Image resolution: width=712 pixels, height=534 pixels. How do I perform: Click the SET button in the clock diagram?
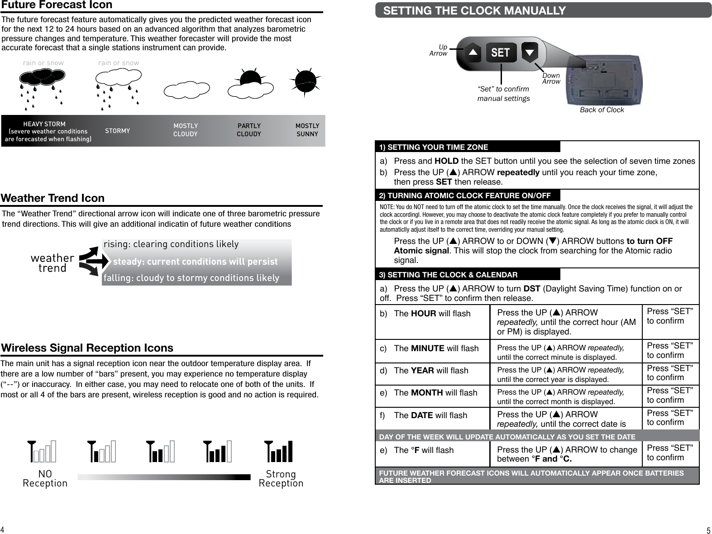501,52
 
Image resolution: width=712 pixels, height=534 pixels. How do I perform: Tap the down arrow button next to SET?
529,53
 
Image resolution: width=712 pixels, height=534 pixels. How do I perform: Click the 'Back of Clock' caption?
602,110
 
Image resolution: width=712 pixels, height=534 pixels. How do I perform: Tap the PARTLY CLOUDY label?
249,130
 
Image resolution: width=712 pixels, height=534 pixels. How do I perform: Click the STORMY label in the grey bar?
117,131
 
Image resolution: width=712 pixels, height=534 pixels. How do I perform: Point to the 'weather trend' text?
53,263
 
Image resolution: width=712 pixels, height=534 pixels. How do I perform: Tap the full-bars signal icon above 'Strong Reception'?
279,451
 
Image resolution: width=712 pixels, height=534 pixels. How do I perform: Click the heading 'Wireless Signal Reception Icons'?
87,348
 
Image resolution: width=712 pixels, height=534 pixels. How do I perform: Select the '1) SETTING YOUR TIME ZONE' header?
434,147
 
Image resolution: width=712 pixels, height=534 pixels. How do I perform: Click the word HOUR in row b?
424,314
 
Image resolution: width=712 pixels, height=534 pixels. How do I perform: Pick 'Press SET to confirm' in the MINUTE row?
670,350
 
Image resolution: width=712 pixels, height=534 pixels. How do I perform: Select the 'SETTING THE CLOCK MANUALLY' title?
474,10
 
